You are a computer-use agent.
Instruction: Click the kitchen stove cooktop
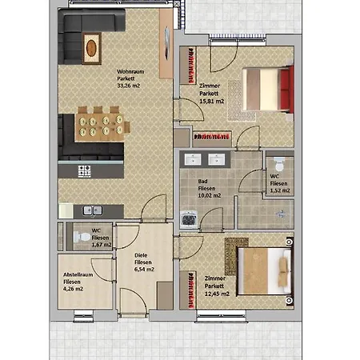tap(84, 170)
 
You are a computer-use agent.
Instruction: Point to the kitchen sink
tap(93, 210)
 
